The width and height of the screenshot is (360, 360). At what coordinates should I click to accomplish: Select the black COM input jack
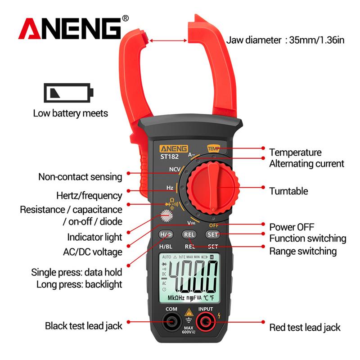click(x=171, y=322)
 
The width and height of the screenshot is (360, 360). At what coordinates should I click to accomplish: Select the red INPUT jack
click(x=206, y=322)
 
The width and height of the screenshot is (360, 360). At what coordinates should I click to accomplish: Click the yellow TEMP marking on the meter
click(x=212, y=148)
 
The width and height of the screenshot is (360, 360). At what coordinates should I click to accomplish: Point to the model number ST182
click(x=167, y=157)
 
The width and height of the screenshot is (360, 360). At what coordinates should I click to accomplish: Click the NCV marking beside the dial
click(x=175, y=169)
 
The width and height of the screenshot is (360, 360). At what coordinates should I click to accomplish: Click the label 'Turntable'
click(x=288, y=191)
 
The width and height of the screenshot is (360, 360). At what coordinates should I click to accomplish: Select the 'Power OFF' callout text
click(x=292, y=226)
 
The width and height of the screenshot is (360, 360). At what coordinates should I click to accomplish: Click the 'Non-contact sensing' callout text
click(x=80, y=177)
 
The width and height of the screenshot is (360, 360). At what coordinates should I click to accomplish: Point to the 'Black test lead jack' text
click(x=84, y=326)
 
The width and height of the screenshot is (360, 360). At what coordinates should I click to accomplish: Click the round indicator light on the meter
click(x=167, y=217)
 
